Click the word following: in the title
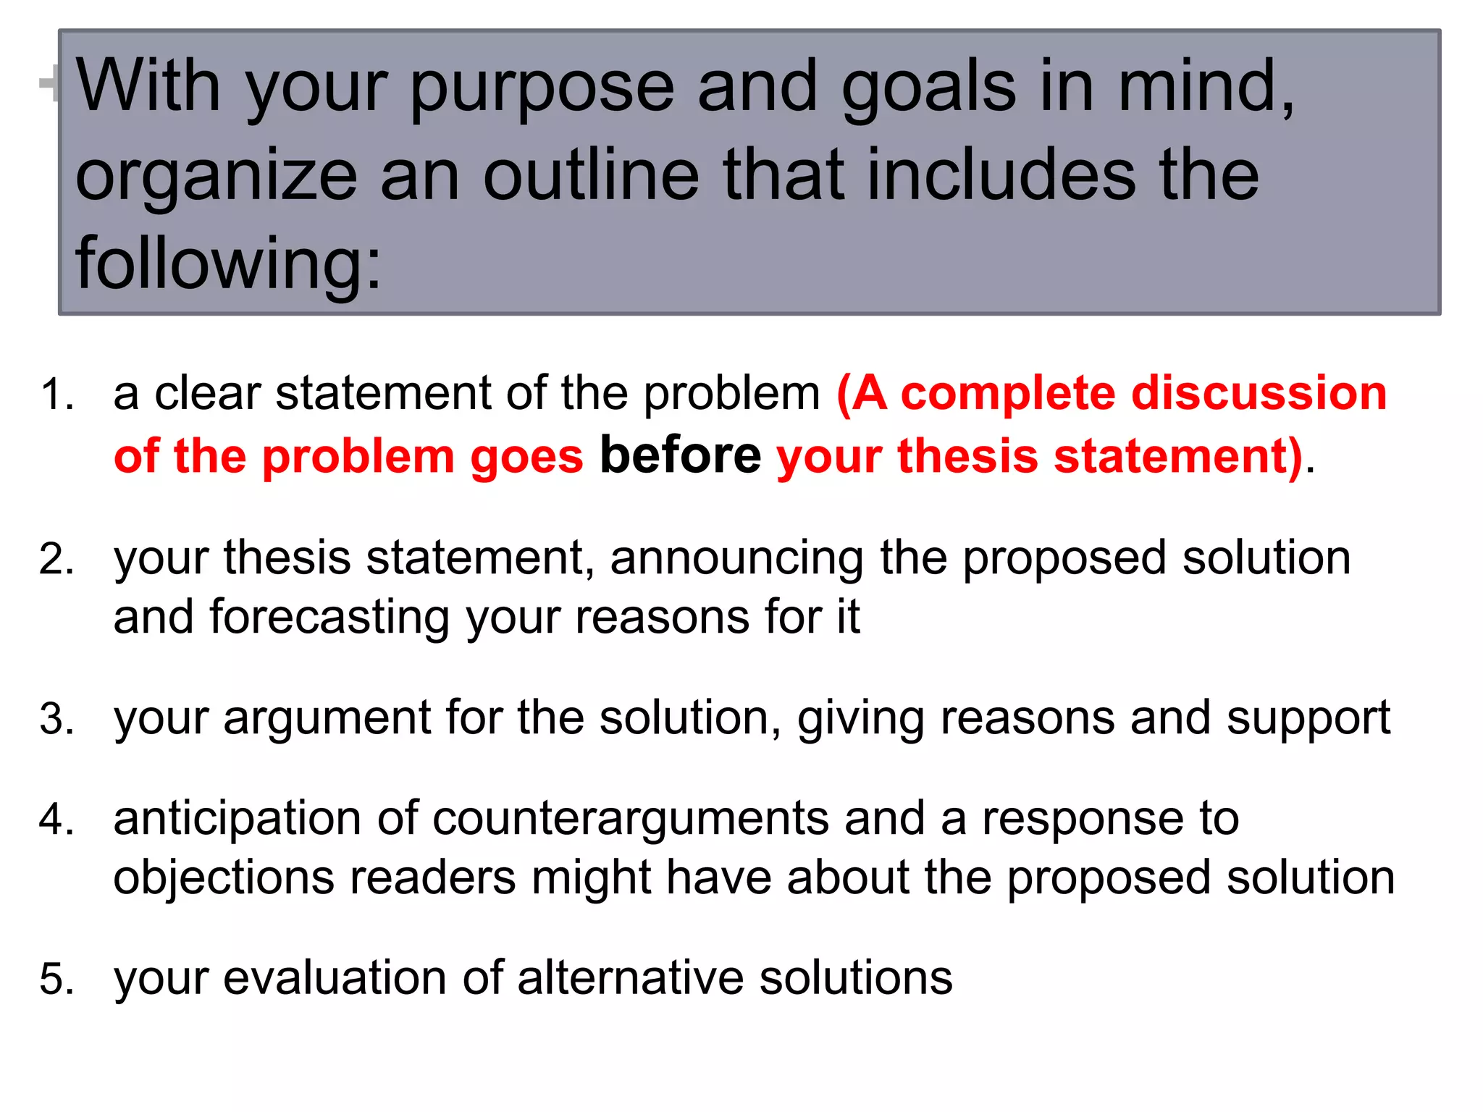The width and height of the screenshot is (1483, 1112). [228, 265]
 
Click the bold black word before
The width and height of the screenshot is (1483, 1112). [680, 455]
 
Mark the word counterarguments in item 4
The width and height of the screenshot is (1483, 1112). [630, 820]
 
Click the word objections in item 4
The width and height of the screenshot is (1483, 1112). [224, 879]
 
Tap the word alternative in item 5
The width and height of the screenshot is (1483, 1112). [630, 978]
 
